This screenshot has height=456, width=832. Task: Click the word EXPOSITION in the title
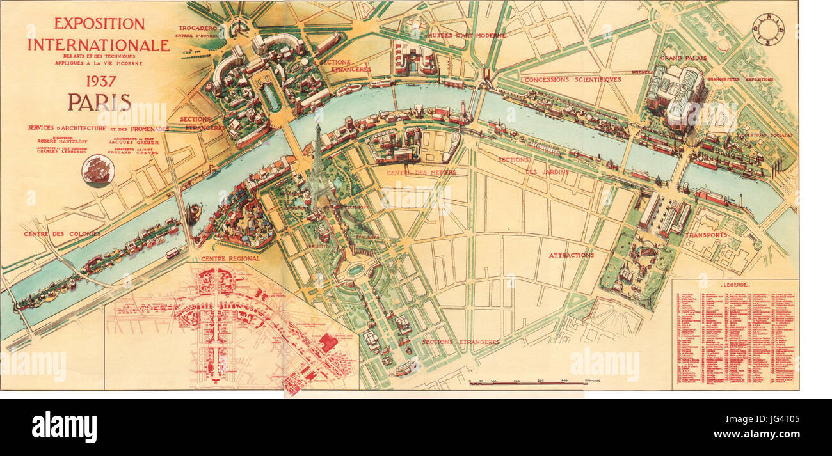[99, 24]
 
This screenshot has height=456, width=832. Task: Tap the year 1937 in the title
[99, 82]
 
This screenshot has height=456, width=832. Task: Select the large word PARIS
[100, 103]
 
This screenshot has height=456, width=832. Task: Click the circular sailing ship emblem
[98, 169]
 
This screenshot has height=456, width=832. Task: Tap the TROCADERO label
[198, 28]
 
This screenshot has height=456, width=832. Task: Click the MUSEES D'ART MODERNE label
[467, 35]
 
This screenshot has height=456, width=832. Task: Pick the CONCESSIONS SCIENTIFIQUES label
[572, 79]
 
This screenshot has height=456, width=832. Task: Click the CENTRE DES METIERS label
[420, 173]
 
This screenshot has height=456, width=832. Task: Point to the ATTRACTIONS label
[571, 255]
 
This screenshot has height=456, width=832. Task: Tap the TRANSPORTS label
[705, 235]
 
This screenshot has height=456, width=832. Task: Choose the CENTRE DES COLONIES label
[62, 234]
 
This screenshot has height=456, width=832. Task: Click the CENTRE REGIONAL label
[230, 258]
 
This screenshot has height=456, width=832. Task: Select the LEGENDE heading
[735, 284]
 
